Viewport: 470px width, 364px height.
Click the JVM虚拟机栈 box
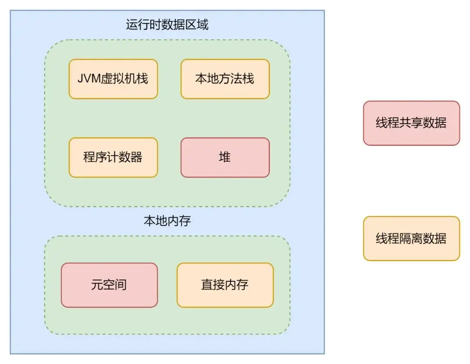pyautogui.click(x=113, y=79)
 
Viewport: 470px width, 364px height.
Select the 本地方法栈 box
pyautogui.click(x=225, y=79)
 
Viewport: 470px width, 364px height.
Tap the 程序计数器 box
pyautogui.click(x=113, y=157)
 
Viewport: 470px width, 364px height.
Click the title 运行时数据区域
pyautogui.click(x=167, y=25)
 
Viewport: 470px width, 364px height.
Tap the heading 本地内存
pyautogui.click(x=167, y=221)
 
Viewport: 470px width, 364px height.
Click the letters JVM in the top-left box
pyautogui.click(x=88, y=79)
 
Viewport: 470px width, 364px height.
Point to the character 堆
pyautogui.click(x=225, y=157)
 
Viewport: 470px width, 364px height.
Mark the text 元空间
pyautogui.click(x=109, y=285)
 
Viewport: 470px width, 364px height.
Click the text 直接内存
pyautogui.click(x=225, y=285)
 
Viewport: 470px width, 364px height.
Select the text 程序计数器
pyautogui.click(x=113, y=157)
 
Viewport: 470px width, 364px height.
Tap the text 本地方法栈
pyautogui.click(x=225, y=79)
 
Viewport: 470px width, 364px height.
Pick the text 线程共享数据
pyautogui.click(x=411, y=123)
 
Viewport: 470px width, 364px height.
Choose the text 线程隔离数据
pyautogui.click(x=411, y=239)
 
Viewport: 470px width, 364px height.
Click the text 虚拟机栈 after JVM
pyautogui.click(x=124, y=79)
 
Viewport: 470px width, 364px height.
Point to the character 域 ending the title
pyautogui.click(x=203, y=25)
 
